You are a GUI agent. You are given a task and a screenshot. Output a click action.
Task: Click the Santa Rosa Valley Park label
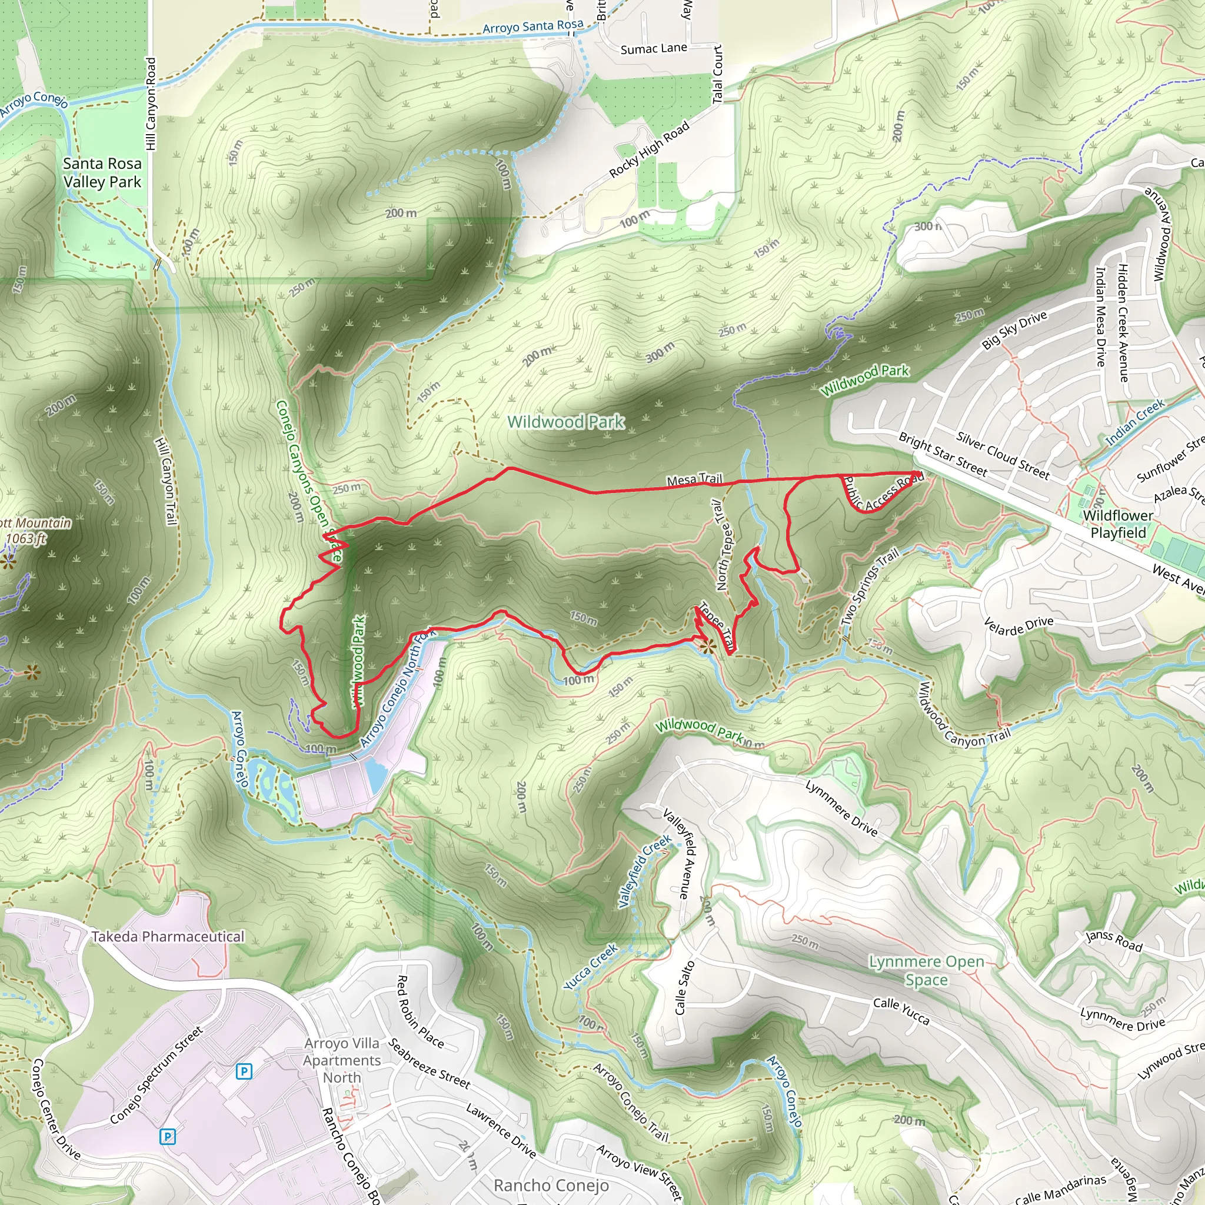click(102, 173)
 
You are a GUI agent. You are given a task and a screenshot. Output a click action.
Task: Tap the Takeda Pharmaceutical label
click(168, 936)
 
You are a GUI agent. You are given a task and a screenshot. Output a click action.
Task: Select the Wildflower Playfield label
click(1118, 524)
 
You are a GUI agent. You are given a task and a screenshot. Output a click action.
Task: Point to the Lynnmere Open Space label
click(926, 970)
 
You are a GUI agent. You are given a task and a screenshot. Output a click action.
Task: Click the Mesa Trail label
click(694, 480)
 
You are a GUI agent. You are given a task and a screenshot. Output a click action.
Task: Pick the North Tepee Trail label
click(724, 544)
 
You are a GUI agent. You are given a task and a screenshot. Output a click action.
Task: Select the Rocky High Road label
click(650, 148)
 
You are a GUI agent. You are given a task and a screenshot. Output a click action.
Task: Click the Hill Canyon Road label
click(151, 104)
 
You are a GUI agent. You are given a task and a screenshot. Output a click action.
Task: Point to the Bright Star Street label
click(943, 455)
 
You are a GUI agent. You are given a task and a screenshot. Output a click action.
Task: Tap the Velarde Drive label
click(1018, 625)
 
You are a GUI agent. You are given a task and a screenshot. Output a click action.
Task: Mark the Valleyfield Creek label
click(644, 871)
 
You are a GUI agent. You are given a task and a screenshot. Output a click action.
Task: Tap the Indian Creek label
click(1134, 422)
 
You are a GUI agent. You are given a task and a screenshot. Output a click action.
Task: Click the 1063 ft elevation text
click(26, 538)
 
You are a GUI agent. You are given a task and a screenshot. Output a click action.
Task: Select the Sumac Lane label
click(654, 49)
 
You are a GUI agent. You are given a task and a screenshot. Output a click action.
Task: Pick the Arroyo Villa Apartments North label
click(342, 1060)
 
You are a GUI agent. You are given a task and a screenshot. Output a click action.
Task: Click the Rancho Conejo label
click(551, 1185)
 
